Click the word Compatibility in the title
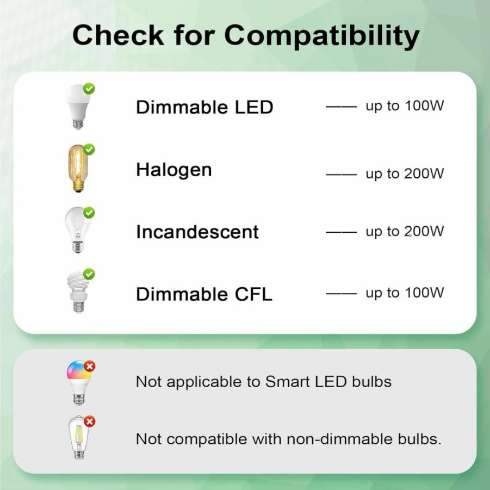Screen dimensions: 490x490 [321, 35]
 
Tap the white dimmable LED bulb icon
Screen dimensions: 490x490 [78, 107]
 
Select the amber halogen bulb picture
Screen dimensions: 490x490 [78, 168]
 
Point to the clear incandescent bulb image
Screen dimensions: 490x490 [78, 230]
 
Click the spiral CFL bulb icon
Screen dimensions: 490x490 [78, 292]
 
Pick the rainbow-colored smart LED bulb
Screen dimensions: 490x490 [79, 383]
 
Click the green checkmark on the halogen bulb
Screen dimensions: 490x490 [89, 150]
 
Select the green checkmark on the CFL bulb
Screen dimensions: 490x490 [89, 274]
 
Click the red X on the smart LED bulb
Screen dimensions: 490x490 [90, 366]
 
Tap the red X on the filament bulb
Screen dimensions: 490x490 [90, 421]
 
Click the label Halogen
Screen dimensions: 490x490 [174, 171]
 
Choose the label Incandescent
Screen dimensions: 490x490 [197, 232]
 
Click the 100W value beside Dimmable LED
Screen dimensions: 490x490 [424, 106]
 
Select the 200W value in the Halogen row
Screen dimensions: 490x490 [424, 173]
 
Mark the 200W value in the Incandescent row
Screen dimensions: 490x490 [424, 231]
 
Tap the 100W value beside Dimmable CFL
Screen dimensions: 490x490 [424, 293]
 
